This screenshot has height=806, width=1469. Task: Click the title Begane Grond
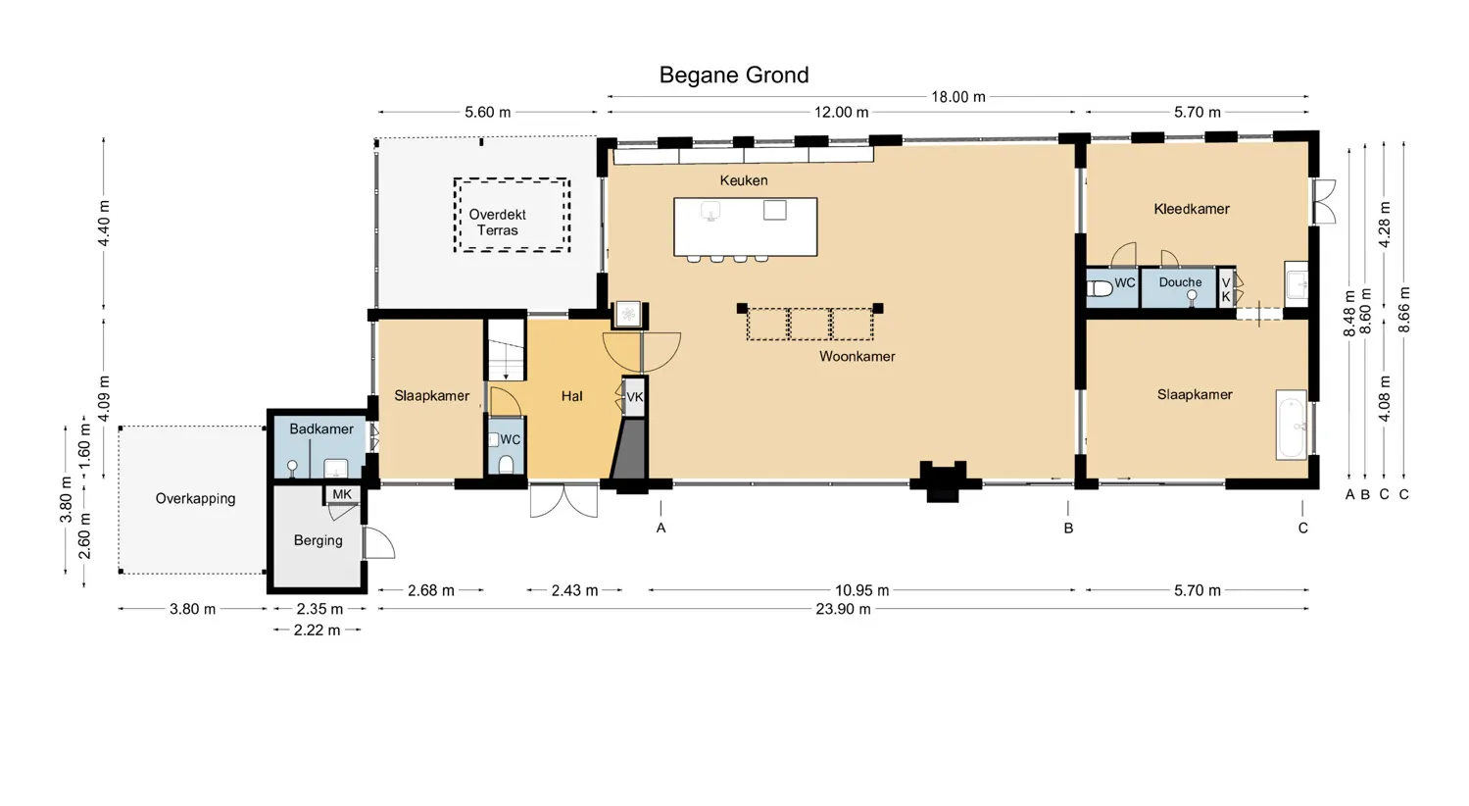(733, 76)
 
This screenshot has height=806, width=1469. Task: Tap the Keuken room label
(743, 180)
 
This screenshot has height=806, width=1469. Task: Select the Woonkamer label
(857, 357)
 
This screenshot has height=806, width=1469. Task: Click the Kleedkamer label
(1191, 209)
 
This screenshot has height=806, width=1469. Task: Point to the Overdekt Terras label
(497, 223)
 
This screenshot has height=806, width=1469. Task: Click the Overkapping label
(195, 499)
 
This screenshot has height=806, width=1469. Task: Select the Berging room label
(318, 540)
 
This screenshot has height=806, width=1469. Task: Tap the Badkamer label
(320, 429)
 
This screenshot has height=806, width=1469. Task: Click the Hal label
(571, 396)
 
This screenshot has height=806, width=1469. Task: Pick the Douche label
(1179, 282)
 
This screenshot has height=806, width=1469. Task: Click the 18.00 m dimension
(957, 97)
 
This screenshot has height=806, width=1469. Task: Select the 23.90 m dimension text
(843, 609)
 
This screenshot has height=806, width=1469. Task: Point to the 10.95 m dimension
(861, 590)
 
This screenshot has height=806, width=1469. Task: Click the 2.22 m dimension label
(317, 630)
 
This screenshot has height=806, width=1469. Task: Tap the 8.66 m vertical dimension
(1403, 310)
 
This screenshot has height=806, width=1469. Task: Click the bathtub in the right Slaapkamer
(1291, 425)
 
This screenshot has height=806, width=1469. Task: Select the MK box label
(341, 494)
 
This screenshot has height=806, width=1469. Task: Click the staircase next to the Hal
(506, 350)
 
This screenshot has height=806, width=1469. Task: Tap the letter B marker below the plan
(1068, 529)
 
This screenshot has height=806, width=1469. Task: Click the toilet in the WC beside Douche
(1101, 289)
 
